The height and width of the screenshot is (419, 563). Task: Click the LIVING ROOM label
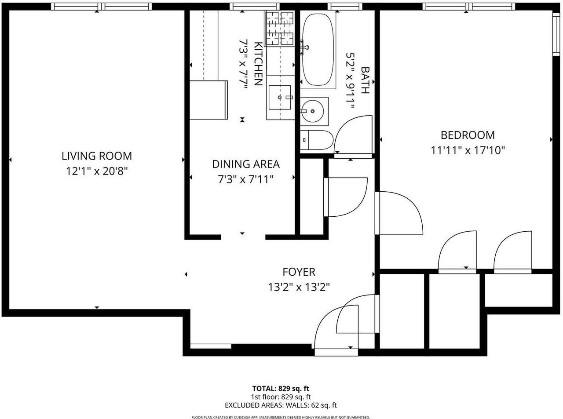pos(96,156)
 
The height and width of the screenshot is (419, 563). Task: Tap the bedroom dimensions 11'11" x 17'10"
pos(468,150)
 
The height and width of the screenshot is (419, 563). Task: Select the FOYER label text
pos(299,272)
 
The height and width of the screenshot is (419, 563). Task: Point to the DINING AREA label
pos(245,164)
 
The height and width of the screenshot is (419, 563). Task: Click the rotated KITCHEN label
pos(258,64)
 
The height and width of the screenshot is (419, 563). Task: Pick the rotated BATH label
pos(365,80)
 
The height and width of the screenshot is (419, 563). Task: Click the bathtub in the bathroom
pos(318,49)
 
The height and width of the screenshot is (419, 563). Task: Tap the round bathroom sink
pos(313,111)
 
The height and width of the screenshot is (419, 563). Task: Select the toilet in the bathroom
pos(315,140)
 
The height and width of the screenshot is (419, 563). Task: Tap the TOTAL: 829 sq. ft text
pos(281,389)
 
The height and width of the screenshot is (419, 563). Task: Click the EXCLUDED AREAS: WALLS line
pos(281,405)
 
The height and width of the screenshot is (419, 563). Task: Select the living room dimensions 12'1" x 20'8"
pos(96,171)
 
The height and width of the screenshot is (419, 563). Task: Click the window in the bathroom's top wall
pos(344,6)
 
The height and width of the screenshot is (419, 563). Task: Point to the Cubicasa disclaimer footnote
pos(281,417)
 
